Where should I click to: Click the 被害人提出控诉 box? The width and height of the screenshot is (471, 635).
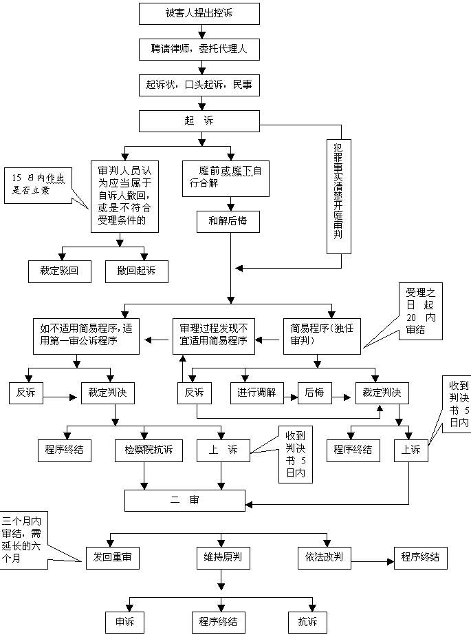coord(199,14)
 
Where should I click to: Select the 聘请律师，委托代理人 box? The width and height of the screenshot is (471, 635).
coord(199,50)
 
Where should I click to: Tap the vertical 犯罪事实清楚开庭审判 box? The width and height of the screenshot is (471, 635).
coord(339,196)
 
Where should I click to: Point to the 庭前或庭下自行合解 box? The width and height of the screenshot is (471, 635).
coord(226,178)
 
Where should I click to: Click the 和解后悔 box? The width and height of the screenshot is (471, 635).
coord(228,222)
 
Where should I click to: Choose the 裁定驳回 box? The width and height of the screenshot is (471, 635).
coord(60,271)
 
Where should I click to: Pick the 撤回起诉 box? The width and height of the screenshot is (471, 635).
coord(137,271)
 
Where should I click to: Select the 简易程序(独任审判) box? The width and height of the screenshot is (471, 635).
coord(322,337)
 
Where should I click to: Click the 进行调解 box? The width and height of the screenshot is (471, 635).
coord(256,393)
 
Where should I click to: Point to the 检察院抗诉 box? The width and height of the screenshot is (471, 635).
coord(149,450)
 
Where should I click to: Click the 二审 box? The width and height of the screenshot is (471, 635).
coord(185,501)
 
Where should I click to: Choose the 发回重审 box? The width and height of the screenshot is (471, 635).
coord(112,558)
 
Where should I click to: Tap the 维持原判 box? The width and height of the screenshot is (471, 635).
coord(223,558)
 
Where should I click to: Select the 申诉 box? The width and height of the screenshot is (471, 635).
coord(125,622)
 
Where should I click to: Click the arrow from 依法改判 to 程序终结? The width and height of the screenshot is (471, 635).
coord(373,561)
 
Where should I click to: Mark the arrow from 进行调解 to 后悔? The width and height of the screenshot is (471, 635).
coord(291,397)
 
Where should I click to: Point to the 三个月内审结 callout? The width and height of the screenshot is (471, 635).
coord(24,540)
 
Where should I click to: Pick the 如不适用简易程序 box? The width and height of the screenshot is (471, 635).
coord(86,337)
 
